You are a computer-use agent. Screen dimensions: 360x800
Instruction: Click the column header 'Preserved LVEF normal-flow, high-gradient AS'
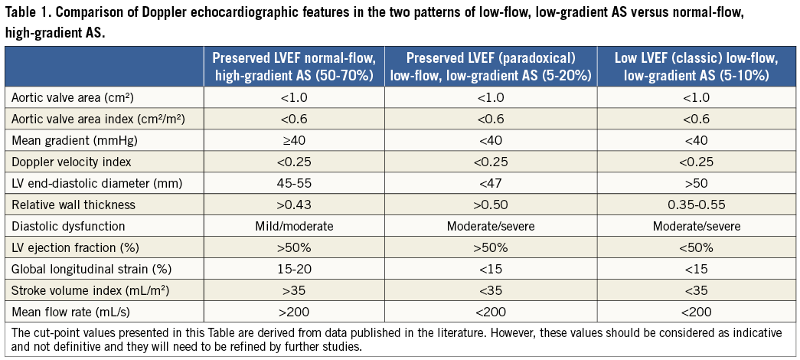tap(293, 67)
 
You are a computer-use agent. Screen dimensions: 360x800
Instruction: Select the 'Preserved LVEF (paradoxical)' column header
tap(490, 67)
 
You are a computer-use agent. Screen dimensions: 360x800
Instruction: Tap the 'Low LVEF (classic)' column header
tap(696, 67)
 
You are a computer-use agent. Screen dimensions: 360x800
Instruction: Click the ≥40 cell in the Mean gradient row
tap(293, 140)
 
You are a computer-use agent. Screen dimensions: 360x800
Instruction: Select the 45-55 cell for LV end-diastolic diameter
tap(293, 183)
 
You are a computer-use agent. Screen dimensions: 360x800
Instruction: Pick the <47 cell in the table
tap(490, 183)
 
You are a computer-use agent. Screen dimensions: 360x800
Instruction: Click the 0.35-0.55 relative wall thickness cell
tap(696, 205)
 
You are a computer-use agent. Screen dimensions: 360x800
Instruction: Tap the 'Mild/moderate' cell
tap(293, 226)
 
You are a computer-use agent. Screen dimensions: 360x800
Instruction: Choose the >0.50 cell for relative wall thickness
tap(490, 205)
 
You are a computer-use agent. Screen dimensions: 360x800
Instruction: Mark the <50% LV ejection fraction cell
tap(696, 247)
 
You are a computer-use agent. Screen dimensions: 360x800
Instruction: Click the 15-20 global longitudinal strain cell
tap(293, 269)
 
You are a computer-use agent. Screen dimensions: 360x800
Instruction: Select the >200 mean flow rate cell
tap(293, 312)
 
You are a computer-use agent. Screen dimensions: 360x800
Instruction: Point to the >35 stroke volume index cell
tap(293, 290)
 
